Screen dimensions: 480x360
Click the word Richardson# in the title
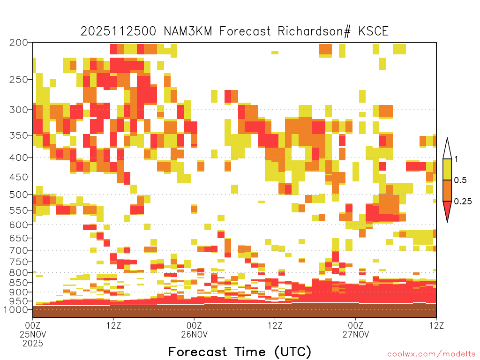pos(314,31)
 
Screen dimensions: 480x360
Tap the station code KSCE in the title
pos(373,31)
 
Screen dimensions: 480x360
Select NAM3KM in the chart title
pos(188,31)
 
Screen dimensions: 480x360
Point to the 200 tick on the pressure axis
pos(19,43)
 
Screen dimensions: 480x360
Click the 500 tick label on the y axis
pos(19,195)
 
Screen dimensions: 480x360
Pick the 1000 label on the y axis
pos(16,309)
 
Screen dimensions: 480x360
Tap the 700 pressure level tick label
pos(19,250)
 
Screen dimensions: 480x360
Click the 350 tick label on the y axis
pos(19,135)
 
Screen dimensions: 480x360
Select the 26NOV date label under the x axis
pos(195,334)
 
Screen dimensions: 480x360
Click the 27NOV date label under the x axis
pos(356,334)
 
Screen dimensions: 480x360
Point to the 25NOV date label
pos(33,334)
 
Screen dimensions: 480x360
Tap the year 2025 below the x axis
pos(33,344)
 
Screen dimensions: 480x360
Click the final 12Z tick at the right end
pos(436,325)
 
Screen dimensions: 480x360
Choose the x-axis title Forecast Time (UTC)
pos(240,352)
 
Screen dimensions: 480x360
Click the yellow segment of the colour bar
pos(447,169)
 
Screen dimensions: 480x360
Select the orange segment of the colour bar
pos(447,190)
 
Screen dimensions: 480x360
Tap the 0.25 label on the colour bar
pos(463,201)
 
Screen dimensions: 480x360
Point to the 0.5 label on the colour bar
pos(460,180)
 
